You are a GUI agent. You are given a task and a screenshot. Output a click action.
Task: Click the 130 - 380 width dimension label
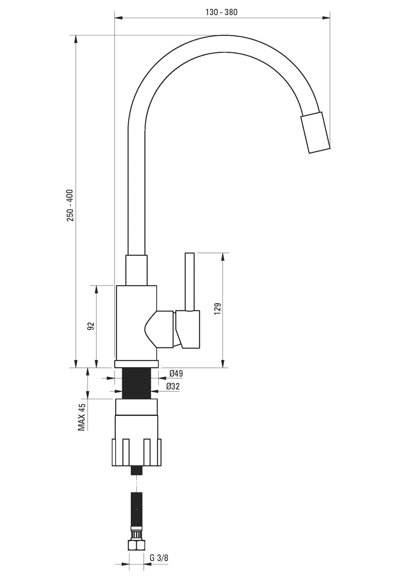tap(222, 12)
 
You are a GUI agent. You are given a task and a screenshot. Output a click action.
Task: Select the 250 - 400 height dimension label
tap(70, 205)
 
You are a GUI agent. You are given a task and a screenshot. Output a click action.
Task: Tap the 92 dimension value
tap(91, 326)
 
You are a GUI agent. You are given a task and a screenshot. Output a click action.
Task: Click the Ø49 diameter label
tap(176, 373)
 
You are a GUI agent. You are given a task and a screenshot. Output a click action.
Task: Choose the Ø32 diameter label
tap(173, 386)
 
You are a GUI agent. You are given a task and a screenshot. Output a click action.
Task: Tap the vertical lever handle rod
tap(190, 282)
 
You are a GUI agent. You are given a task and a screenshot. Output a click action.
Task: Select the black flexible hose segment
tap(137, 508)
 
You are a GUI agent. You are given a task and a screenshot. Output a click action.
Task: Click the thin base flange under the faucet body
tap(137, 364)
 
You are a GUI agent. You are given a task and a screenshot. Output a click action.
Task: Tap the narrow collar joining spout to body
tap(137, 270)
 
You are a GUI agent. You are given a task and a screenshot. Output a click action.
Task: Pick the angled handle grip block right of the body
tap(188, 329)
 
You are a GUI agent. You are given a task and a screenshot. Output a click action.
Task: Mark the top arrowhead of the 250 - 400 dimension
tap(76, 39)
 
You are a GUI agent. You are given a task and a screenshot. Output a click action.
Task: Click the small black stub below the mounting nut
tap(137, 471)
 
